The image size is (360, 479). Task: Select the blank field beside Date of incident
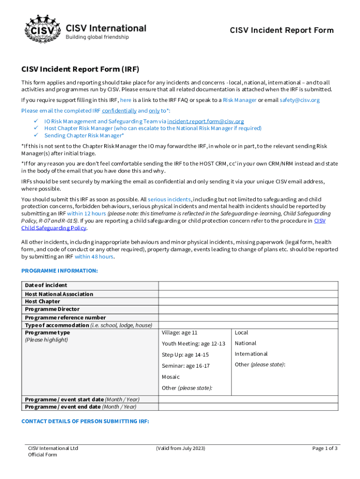point(248,285)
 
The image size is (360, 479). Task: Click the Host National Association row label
point(59,294)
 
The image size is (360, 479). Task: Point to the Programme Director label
point(52,309)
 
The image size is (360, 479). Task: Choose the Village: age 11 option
point(180,333)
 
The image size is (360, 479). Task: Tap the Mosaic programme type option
point(171,377)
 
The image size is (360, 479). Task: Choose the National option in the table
point(245,343)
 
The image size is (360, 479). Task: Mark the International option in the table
point(251,354)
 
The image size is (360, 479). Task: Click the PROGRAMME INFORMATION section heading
point(59,271)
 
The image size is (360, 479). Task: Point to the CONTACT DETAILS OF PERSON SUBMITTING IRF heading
point(85,421)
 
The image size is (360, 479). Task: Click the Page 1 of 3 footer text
point(324,449)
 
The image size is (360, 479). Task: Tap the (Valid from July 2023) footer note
point(180,449)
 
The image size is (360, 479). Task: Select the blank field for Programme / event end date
point(248,406)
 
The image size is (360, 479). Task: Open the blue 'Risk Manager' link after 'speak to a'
point(239,100)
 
